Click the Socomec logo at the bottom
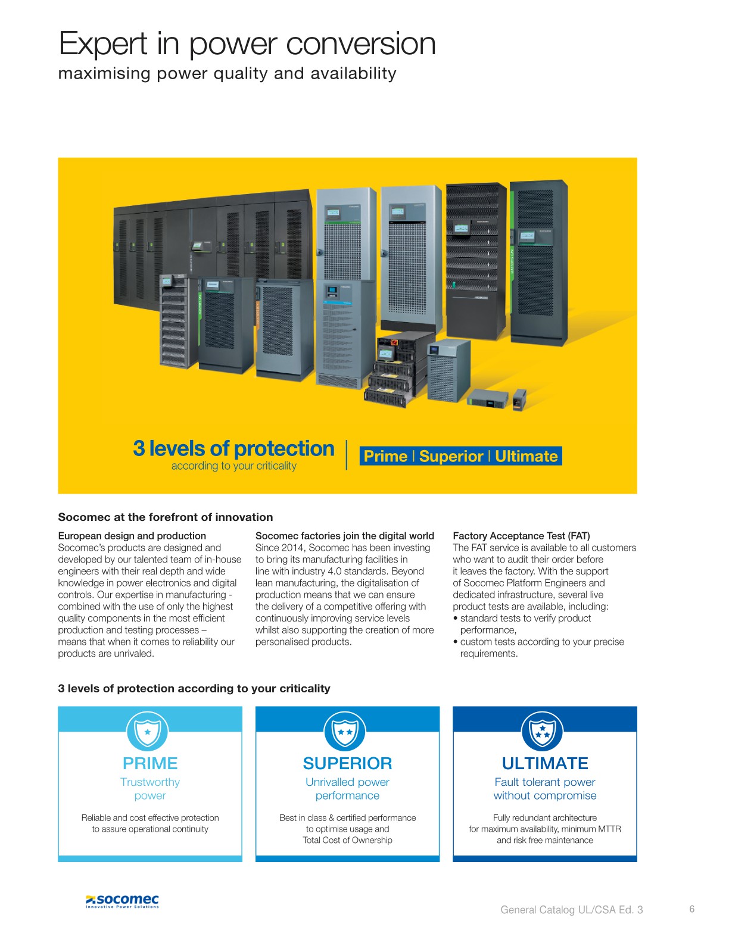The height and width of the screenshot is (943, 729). [x=122, y=901]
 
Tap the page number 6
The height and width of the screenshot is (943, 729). [x=691, y=908]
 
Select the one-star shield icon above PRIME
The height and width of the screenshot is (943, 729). [x=148, y=731]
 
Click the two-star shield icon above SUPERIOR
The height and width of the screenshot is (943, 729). [x=345, y=731]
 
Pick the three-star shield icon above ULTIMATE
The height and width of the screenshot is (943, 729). [x=543, y=731]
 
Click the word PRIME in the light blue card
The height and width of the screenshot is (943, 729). [x=150, y=763]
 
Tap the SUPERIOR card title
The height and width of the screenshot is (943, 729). [x=347, y=763]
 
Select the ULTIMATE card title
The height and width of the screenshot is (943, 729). [x=545, y=763]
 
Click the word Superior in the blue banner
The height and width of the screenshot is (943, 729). [x=451, y=456]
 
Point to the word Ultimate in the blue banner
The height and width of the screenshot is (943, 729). [x=526, y=456]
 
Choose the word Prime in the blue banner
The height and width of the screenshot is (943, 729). [x=385, y=456]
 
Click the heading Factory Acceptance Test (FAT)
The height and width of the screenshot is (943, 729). [x=522, y=536]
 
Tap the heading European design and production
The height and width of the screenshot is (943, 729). [x=132, y=536]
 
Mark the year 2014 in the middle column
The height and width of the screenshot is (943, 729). [x=294, y=548]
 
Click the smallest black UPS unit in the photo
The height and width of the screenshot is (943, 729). [x=519, y=399]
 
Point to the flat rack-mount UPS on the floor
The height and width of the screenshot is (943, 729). [x=488, y=398]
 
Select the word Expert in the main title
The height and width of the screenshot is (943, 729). [x=103, y=44]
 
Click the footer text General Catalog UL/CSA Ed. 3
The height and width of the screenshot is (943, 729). [x=571, y=910]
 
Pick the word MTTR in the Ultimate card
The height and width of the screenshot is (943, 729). [x=609, y=829]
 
